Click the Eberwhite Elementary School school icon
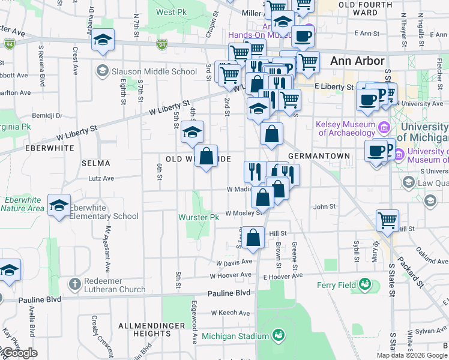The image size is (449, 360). [x=59, y=206]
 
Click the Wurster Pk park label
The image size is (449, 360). [x=197, y=217]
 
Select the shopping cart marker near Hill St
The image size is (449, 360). [x=388, y=220]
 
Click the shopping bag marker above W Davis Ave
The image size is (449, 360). [x=254, y=237]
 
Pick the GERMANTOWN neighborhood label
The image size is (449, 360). [x=319, y=156]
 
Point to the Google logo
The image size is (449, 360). [x=19, y=353]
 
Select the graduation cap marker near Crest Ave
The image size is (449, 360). [x=103, y=40]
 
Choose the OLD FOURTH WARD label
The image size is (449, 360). [x=358, y=8]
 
